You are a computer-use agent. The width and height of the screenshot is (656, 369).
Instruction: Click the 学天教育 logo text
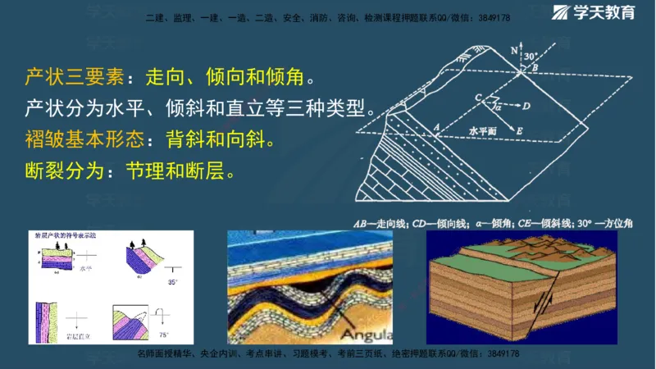point(611,14)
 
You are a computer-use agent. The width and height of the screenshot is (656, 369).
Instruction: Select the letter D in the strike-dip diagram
point(526,106)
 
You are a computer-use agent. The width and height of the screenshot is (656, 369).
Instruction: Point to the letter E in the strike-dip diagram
point(520,130)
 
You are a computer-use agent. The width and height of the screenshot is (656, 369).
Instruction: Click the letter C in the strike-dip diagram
point(477,97)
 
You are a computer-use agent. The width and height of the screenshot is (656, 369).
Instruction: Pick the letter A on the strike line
point(438,127)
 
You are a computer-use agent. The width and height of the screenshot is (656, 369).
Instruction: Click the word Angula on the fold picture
point(367,335)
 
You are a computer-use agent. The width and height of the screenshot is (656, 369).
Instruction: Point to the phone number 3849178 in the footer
point(499,353)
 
